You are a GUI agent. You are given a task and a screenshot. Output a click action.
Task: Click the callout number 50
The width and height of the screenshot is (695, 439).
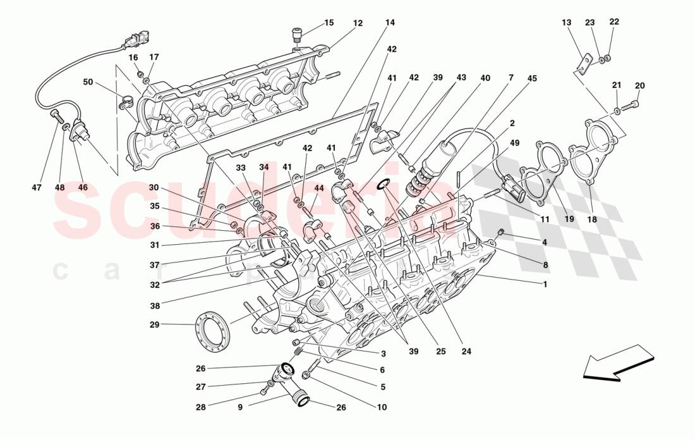(87, 82)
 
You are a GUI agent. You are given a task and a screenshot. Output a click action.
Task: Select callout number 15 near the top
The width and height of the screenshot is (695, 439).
(329, 23)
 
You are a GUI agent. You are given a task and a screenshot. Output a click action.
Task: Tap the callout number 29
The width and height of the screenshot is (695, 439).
(155, 325)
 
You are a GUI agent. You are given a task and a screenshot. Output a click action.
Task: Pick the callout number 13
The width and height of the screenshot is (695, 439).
(566, 23)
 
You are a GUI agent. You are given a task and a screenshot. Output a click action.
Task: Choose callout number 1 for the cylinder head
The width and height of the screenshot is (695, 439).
(545, 284)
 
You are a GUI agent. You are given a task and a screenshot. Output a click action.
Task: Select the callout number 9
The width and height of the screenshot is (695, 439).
(241, 407)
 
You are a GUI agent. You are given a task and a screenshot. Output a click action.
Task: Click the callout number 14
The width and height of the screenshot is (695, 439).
(390, 23)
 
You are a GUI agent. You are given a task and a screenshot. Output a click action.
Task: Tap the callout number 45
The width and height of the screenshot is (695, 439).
(532, 78)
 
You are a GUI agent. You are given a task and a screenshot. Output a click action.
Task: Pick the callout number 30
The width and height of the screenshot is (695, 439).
(155, 187)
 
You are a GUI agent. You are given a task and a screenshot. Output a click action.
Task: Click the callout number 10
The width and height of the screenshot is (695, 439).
(382, 407)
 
